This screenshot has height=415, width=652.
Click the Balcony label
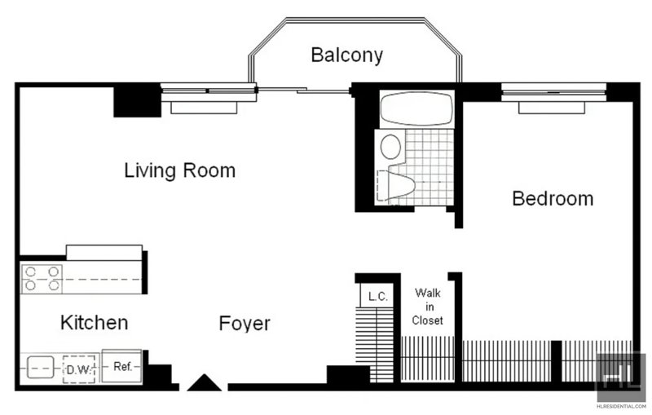347,55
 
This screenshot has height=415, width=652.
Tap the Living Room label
180,170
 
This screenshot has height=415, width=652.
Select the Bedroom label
553,198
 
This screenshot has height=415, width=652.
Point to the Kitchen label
94,322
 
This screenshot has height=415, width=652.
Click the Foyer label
244,324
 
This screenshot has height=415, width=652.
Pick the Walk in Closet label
427,307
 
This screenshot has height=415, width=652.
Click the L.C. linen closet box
377,296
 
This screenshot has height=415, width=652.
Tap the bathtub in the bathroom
416,108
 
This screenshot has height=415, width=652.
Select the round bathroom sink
391,147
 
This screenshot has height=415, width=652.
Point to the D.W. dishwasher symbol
78,369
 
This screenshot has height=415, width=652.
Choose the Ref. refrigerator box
121,366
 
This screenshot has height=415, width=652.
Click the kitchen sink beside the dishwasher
40,368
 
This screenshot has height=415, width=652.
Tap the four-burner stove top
42,279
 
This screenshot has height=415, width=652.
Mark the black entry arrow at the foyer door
205,382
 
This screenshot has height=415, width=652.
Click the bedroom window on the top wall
553,93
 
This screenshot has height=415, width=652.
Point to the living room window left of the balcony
209,92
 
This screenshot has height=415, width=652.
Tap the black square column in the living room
137,101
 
